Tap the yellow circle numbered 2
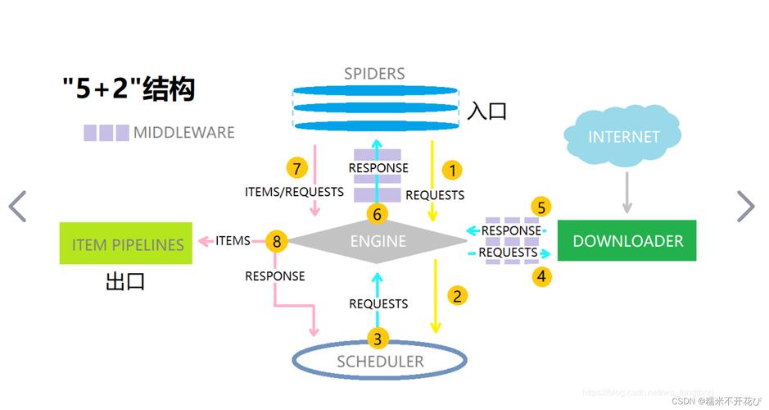(x=458, y=295)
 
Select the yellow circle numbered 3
(x=378, y=338)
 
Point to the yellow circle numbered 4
(x=541, y=276)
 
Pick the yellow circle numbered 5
(x=541, y=207)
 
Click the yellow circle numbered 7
(x=297, y=169)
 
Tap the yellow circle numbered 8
(x=277, y=241)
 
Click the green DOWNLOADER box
(x=627, y=241)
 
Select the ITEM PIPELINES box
(x=127, y=243)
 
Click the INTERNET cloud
(x=624, y=137)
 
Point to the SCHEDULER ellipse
(x=380, y=361)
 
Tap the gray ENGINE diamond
(x=378, y=241)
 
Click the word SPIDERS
(x=374, y=74)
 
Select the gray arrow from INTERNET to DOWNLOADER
(x=627, y=192)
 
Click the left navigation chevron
(x=18, y=207)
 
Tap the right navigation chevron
(x=745, y=207)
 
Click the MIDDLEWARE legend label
(x=183, y=133)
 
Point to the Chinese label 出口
(x=125, y=282)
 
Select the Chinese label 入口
(x=486, y=112)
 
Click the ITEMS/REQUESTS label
(x=294, y=192)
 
